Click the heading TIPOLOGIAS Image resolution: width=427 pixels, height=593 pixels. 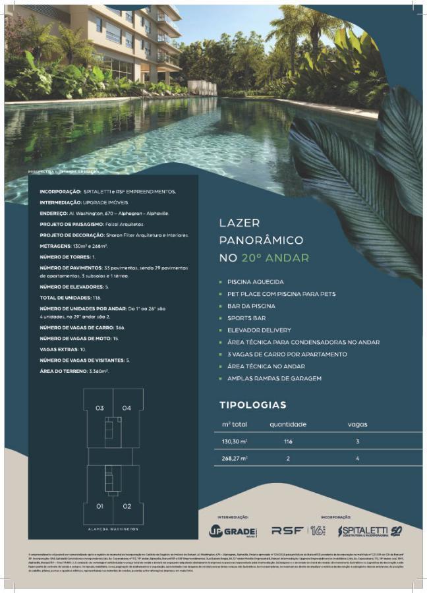click(252, 405)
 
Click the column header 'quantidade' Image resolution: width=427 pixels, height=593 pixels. click(288, 424)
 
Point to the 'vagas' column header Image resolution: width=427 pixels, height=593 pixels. click(357, 424)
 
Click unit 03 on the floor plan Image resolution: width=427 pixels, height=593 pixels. click(100, 408)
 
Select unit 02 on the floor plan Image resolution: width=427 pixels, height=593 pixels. click(127, 506)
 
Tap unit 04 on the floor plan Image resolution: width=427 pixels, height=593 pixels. click(127, 408)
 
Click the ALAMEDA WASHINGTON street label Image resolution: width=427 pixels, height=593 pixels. click(113, 528)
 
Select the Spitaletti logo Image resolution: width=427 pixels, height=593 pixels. click(369, 530)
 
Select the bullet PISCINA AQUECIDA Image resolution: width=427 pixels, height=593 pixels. click(255, 282)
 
